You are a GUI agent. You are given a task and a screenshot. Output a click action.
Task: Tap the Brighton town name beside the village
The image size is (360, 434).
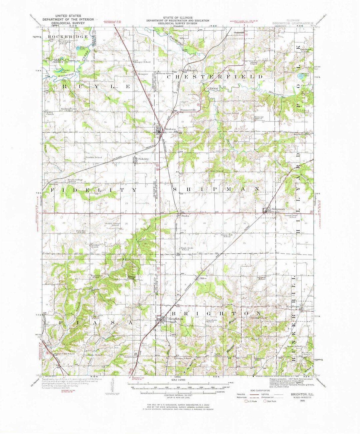pyautogui.click(x=177, y=319)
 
